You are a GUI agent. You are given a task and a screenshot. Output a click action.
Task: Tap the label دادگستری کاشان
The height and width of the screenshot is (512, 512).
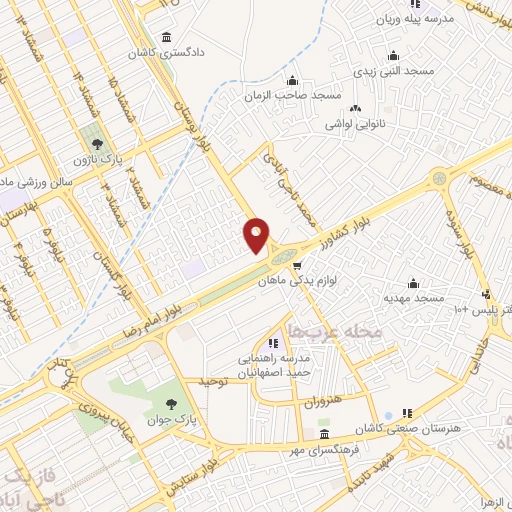[168, 50]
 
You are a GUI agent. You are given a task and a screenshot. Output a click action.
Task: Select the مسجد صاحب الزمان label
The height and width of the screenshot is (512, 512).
[293, 96]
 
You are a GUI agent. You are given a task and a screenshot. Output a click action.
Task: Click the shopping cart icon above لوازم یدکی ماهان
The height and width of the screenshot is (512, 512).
[297, 265]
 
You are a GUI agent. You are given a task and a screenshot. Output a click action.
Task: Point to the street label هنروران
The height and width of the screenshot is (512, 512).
[322, 400]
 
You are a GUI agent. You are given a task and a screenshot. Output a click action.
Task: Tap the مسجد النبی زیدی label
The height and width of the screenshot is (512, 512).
[392, 72]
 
